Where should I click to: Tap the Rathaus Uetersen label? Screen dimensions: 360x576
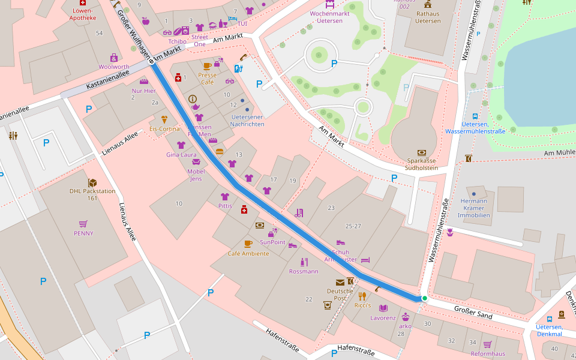point(428,17)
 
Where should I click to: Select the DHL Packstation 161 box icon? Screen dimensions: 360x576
point(92,182)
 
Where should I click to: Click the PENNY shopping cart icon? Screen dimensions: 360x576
point(83,223)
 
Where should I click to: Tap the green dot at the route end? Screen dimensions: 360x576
point(424,298)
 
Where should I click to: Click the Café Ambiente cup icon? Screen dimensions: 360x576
point(248,244)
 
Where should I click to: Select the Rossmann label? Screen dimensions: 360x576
point(304,271)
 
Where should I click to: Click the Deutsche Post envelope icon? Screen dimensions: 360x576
point(340,282)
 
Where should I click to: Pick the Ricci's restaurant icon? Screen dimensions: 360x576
point(362,296)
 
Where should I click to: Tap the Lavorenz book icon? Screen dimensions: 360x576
point(383,308)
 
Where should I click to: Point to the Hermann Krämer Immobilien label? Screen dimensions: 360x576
point(473,208)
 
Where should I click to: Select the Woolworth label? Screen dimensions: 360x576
point(114,67)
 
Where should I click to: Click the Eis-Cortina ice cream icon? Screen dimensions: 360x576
point(164,119)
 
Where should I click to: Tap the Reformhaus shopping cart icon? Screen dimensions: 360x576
point(487,344)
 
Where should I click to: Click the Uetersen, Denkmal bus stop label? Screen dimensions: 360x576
point(548,329)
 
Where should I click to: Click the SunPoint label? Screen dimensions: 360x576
point(272,242)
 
